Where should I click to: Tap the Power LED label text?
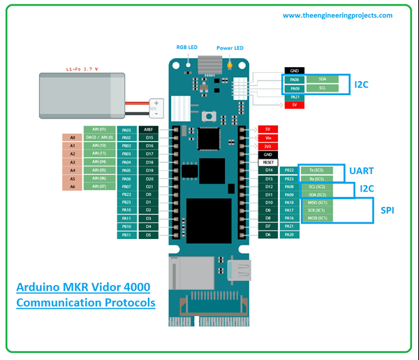coord(229,48)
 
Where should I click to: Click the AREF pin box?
coord(149,129)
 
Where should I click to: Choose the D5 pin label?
coord(149,234)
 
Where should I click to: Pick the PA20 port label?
coord(289,234)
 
